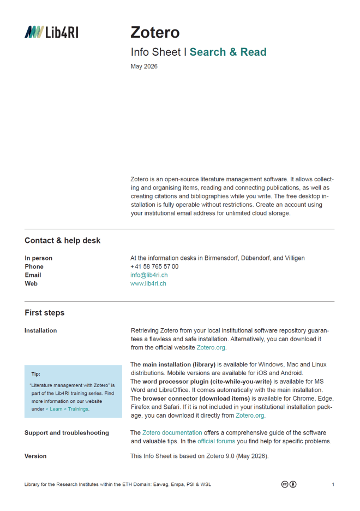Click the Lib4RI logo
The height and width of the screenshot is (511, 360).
point(51,32)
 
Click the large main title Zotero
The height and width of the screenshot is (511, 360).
point(155,32)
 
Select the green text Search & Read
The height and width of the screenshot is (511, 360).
point(228,52)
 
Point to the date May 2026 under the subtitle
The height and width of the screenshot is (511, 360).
point(144,67)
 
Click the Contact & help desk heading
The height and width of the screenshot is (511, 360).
point(62,240)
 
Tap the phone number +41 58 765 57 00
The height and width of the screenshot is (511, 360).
point(154,266)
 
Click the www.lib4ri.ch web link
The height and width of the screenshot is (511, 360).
point(148,284)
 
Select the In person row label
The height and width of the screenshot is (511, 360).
point(38,258)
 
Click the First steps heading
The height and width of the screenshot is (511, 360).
point(44,313)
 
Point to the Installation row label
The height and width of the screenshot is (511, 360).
point(40,330)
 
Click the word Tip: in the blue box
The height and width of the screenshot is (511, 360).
point(35,374)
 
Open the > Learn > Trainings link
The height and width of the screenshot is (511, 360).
point(67,408)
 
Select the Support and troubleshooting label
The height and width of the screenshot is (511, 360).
point(67,432)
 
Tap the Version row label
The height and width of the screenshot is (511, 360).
point(35,456)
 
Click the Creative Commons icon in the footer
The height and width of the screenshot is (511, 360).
point(289,484)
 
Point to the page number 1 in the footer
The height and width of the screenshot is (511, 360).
point(333,484)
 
